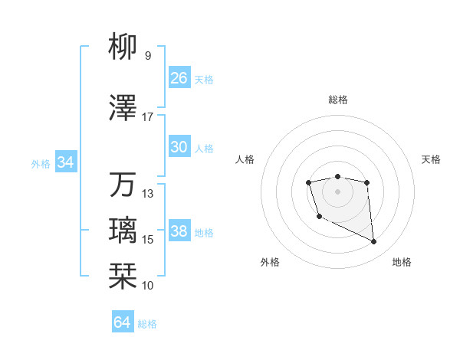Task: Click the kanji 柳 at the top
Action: click(124, 47)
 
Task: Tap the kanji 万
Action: click(124, 185)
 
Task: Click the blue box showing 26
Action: click(179, 78)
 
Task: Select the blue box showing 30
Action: click(179, 147)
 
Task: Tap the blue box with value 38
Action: click(179, 231)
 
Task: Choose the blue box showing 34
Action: click(65, 162)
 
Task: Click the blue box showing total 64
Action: click(123, 322)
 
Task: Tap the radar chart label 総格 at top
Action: click(337, 100)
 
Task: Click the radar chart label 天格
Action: click(431, 159)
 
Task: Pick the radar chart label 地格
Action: click(402, 262)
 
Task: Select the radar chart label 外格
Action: click(270, 262)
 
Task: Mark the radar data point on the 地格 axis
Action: click(374, 242)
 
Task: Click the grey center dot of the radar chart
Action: click(337, 191)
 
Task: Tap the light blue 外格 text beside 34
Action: click(41, 163)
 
